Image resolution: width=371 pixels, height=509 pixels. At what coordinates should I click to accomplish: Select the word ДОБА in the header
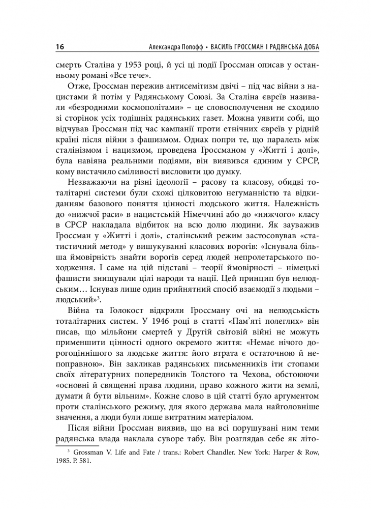[314, 47]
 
